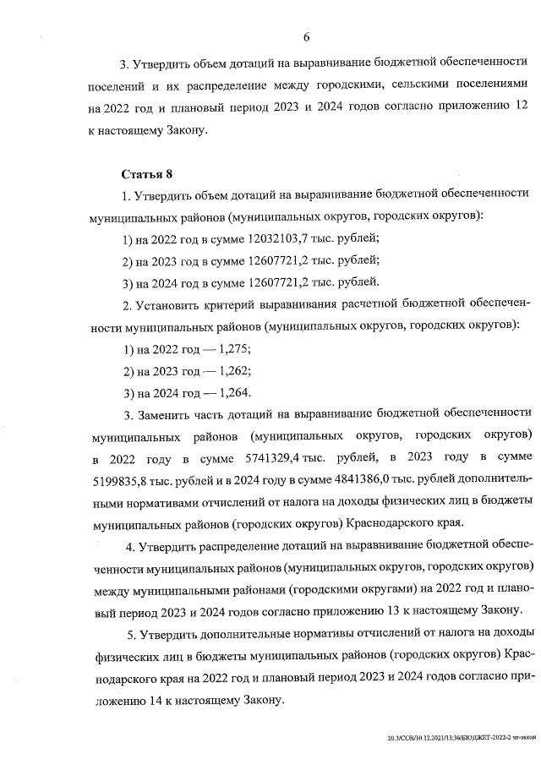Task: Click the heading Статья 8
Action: click(x=147, y=174)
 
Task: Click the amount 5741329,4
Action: click(x=254, y=457)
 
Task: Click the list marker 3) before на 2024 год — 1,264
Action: click(x=129, y=392)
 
